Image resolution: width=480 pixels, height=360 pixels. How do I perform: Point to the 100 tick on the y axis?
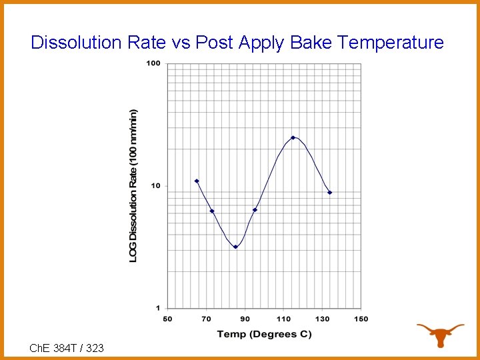153,63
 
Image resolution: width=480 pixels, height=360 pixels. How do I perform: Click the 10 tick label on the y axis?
155,185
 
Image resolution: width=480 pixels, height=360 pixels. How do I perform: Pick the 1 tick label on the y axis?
158,307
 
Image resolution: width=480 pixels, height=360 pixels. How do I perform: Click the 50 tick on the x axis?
167,319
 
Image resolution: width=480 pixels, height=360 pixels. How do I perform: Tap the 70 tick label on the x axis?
206,319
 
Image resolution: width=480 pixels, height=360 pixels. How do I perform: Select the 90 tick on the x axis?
245,319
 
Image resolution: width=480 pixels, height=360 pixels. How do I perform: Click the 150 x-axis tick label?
361,319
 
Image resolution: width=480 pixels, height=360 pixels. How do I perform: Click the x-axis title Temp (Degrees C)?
264,333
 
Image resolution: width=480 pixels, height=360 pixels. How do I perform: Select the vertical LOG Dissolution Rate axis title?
133,185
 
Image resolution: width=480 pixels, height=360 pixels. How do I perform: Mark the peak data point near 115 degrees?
293,137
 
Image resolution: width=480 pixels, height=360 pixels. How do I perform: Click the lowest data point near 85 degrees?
235,247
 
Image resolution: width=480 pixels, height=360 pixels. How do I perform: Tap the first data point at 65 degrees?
197,181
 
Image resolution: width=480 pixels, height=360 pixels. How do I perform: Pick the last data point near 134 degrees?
329,193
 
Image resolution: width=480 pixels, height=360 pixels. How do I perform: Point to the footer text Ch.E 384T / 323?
67,347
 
